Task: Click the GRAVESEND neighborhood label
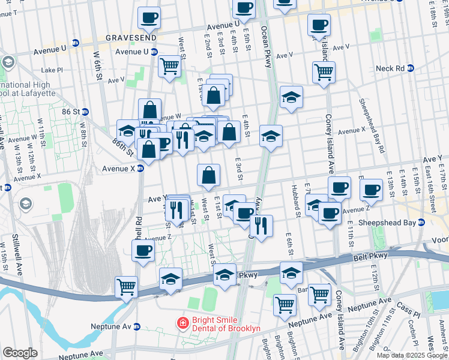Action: (131, 37)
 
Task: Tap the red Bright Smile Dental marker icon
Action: (181, 323)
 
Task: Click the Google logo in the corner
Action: (20, 353)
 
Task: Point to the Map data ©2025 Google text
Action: (412, 355)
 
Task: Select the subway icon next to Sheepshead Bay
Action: (421, 222)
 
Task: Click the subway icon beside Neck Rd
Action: (410, 68)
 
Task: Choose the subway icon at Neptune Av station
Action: (136, 327)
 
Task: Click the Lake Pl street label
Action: (52, 70)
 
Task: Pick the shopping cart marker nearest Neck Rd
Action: (324, 71)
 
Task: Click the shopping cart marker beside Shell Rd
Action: (127, 286)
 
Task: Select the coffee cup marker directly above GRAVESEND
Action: (149, 17)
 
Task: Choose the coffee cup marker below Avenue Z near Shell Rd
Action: (143, 250)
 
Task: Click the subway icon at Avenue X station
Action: (140, 169)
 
